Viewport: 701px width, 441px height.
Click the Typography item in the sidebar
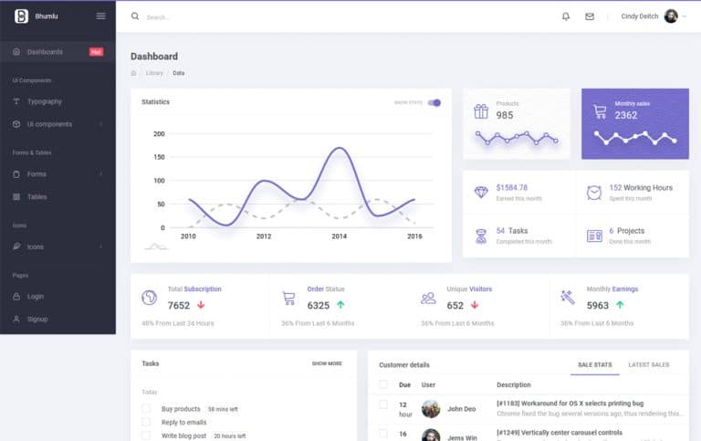[44, 101]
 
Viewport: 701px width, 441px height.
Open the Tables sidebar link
[37, 196]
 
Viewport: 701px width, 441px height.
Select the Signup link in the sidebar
[37, 319]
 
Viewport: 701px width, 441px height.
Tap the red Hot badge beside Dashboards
[96, 52]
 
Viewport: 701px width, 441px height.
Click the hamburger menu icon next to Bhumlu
[100, 16]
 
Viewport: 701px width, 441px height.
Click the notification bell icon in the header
[566, 16]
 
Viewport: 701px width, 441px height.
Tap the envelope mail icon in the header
[590, 16]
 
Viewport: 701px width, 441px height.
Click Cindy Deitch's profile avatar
[671, 16]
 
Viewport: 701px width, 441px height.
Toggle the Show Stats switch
[434, 102]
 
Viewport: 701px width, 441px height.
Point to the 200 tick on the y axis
[159, 134]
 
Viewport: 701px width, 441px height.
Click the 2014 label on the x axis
[339, 236]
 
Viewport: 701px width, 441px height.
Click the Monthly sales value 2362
[626, 115]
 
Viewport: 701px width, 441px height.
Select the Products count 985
[505, 115]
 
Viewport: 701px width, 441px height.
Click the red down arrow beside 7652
[201, 305]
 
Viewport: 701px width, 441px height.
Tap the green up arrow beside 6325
[340, 305]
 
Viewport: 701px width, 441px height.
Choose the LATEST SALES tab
[648, 364]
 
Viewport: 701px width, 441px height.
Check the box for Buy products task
[146, 409]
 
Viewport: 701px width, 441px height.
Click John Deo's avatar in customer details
[431, 409]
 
